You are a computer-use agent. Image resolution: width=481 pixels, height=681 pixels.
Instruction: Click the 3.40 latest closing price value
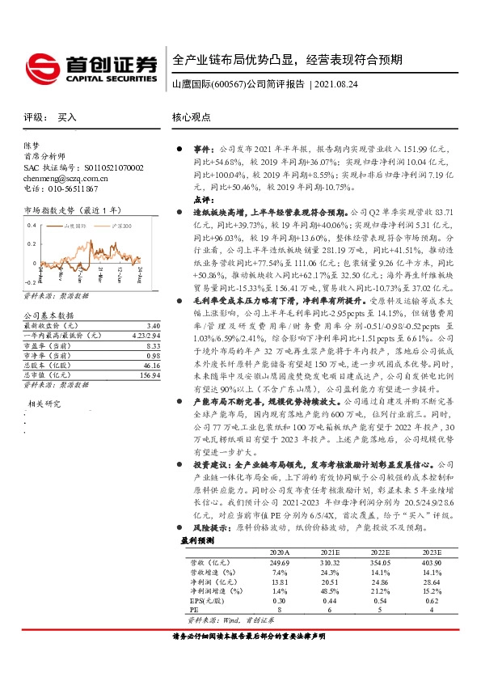tap(154, 325)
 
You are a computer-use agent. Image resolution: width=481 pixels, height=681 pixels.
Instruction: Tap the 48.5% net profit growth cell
tap(329, 590)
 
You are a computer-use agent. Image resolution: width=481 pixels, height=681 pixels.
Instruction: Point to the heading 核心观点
tap(191, 118)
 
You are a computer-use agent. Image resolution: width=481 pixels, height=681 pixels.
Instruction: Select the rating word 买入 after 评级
tap(66, 118)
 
